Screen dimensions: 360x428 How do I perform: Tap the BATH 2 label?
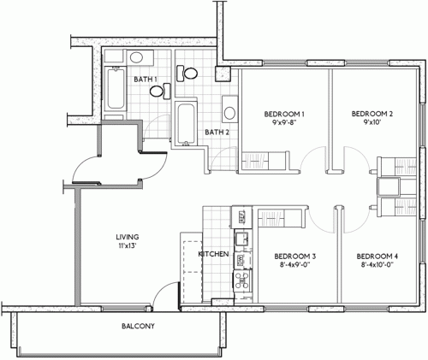(217, 132)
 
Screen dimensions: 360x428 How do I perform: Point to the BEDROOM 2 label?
(372, 114)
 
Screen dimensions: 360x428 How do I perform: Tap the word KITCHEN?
(212, 255)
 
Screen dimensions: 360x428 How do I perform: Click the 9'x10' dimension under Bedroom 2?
(372, 123)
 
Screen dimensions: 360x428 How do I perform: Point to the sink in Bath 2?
(229, 109)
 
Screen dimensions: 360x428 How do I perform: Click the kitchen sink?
(242, 239)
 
